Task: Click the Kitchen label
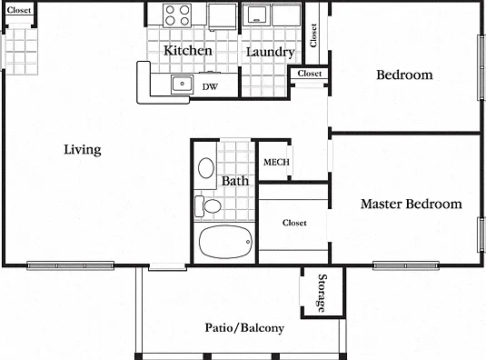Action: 188,51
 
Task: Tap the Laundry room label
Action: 271,52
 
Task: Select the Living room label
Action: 83,150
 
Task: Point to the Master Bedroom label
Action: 412,204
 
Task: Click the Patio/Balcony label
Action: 244,328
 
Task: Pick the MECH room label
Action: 276,162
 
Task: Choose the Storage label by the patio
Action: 322,293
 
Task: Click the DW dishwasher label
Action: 210,87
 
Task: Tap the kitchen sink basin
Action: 183,84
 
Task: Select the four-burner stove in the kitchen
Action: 177,15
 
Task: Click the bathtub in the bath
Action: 225,242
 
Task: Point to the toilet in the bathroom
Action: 208,205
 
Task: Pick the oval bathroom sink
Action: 206,168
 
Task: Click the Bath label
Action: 235,181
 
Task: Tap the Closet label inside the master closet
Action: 294,223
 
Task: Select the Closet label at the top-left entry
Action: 19,10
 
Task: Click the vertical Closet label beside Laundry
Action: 313,35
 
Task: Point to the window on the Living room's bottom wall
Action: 70,265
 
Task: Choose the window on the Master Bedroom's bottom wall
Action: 406,265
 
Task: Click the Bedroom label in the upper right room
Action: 404,75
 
